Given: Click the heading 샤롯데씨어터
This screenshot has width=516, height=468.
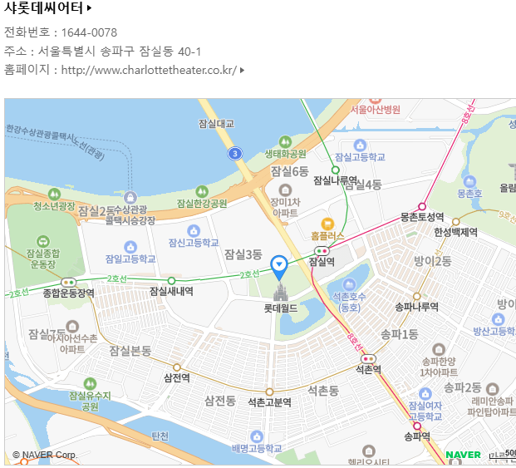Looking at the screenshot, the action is [44, 9].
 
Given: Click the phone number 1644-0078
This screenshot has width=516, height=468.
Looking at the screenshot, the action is [89, 32].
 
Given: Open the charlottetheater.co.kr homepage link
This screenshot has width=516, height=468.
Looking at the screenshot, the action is [149, 70].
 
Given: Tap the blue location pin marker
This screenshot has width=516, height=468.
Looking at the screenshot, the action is [280, 265].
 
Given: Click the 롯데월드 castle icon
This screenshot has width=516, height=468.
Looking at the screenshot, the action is [280, 291].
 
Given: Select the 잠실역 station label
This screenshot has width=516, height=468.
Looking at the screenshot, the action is [321, 261].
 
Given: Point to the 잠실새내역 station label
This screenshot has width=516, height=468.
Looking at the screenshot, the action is [171, 291].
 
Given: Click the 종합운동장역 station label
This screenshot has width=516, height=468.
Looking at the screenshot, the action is [68, 293].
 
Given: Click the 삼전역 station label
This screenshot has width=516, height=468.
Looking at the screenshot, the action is [177, 377].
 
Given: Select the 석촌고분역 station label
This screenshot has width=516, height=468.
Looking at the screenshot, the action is [269, 402].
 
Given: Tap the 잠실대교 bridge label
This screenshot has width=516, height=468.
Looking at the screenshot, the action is [217, 123].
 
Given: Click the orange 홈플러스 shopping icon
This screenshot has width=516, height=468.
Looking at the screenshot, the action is [327, 223].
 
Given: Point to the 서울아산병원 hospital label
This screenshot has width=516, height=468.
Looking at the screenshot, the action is [376, 109].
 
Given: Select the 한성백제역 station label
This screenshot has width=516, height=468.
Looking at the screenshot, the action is [455, 232].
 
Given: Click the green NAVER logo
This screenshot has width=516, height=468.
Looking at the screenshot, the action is [463, 455].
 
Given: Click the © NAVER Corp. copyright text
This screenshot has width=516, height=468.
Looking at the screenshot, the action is [46, 455].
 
